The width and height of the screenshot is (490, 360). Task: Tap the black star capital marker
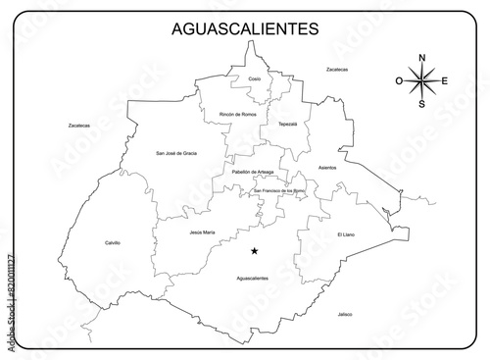coord(255,251)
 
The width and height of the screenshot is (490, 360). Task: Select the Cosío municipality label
coord(255,77)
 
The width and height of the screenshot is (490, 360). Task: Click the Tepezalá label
coord(287,125)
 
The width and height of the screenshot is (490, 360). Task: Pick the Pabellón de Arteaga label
coord(252,173)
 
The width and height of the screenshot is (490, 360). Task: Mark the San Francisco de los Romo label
coord(279,189)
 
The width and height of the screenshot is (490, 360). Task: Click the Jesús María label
coord(202,232)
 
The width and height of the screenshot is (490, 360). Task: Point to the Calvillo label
coord(113,242)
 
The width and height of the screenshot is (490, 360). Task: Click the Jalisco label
coord(344,314)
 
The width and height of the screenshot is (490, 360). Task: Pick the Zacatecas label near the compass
coord(337,70)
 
